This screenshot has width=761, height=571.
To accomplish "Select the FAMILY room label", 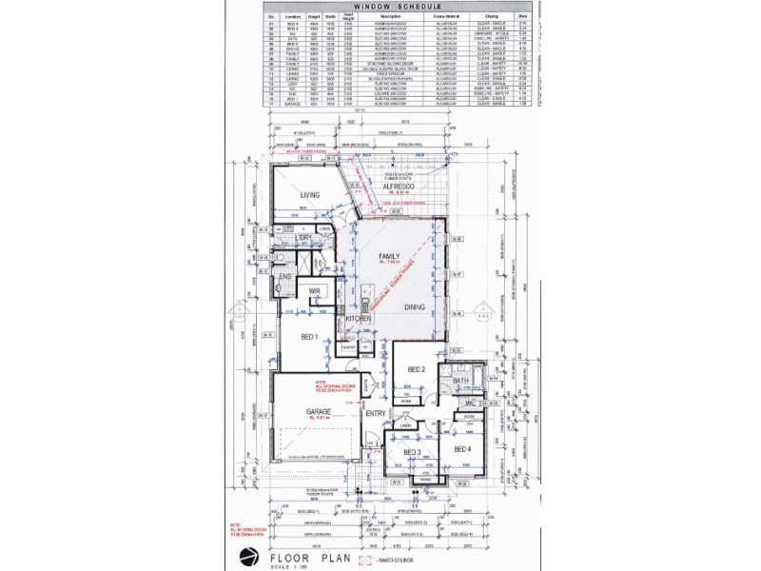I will coord(389,257).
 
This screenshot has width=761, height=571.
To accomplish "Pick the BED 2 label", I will coord(416,369).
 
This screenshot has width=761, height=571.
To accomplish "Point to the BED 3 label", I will coord(412,451).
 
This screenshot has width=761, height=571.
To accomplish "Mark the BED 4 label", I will coord(462,448).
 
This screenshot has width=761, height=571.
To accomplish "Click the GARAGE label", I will coord(317,412).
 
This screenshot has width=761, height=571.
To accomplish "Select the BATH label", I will coord(461,382).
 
